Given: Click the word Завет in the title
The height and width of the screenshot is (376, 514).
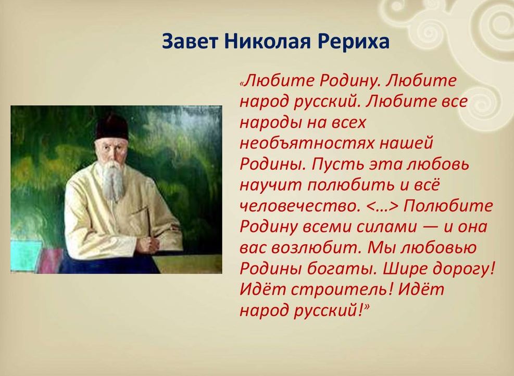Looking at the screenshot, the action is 190,41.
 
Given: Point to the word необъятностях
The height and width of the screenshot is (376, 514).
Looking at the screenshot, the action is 307,143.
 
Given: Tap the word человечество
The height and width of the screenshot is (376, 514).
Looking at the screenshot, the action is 298,206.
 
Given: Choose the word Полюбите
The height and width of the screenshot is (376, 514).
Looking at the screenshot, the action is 448,206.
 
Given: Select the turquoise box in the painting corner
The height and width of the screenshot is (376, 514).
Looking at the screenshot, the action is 26,256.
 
